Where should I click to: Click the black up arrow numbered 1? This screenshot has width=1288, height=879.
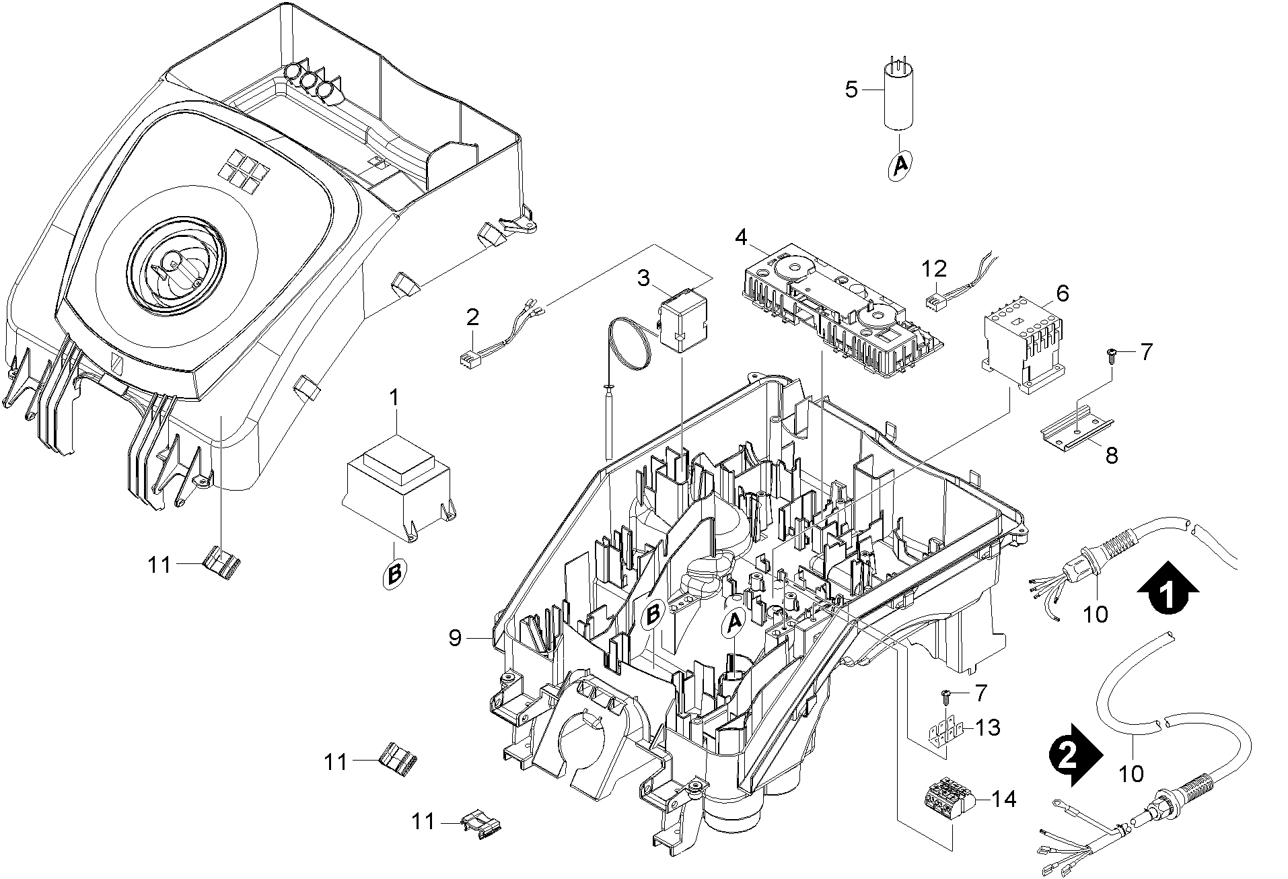1169,588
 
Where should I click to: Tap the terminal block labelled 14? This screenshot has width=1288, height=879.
947,800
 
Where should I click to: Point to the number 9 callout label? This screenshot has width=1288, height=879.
456,638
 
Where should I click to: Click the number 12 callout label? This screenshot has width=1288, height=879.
934,269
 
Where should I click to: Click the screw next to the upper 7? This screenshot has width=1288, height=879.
1112,353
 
